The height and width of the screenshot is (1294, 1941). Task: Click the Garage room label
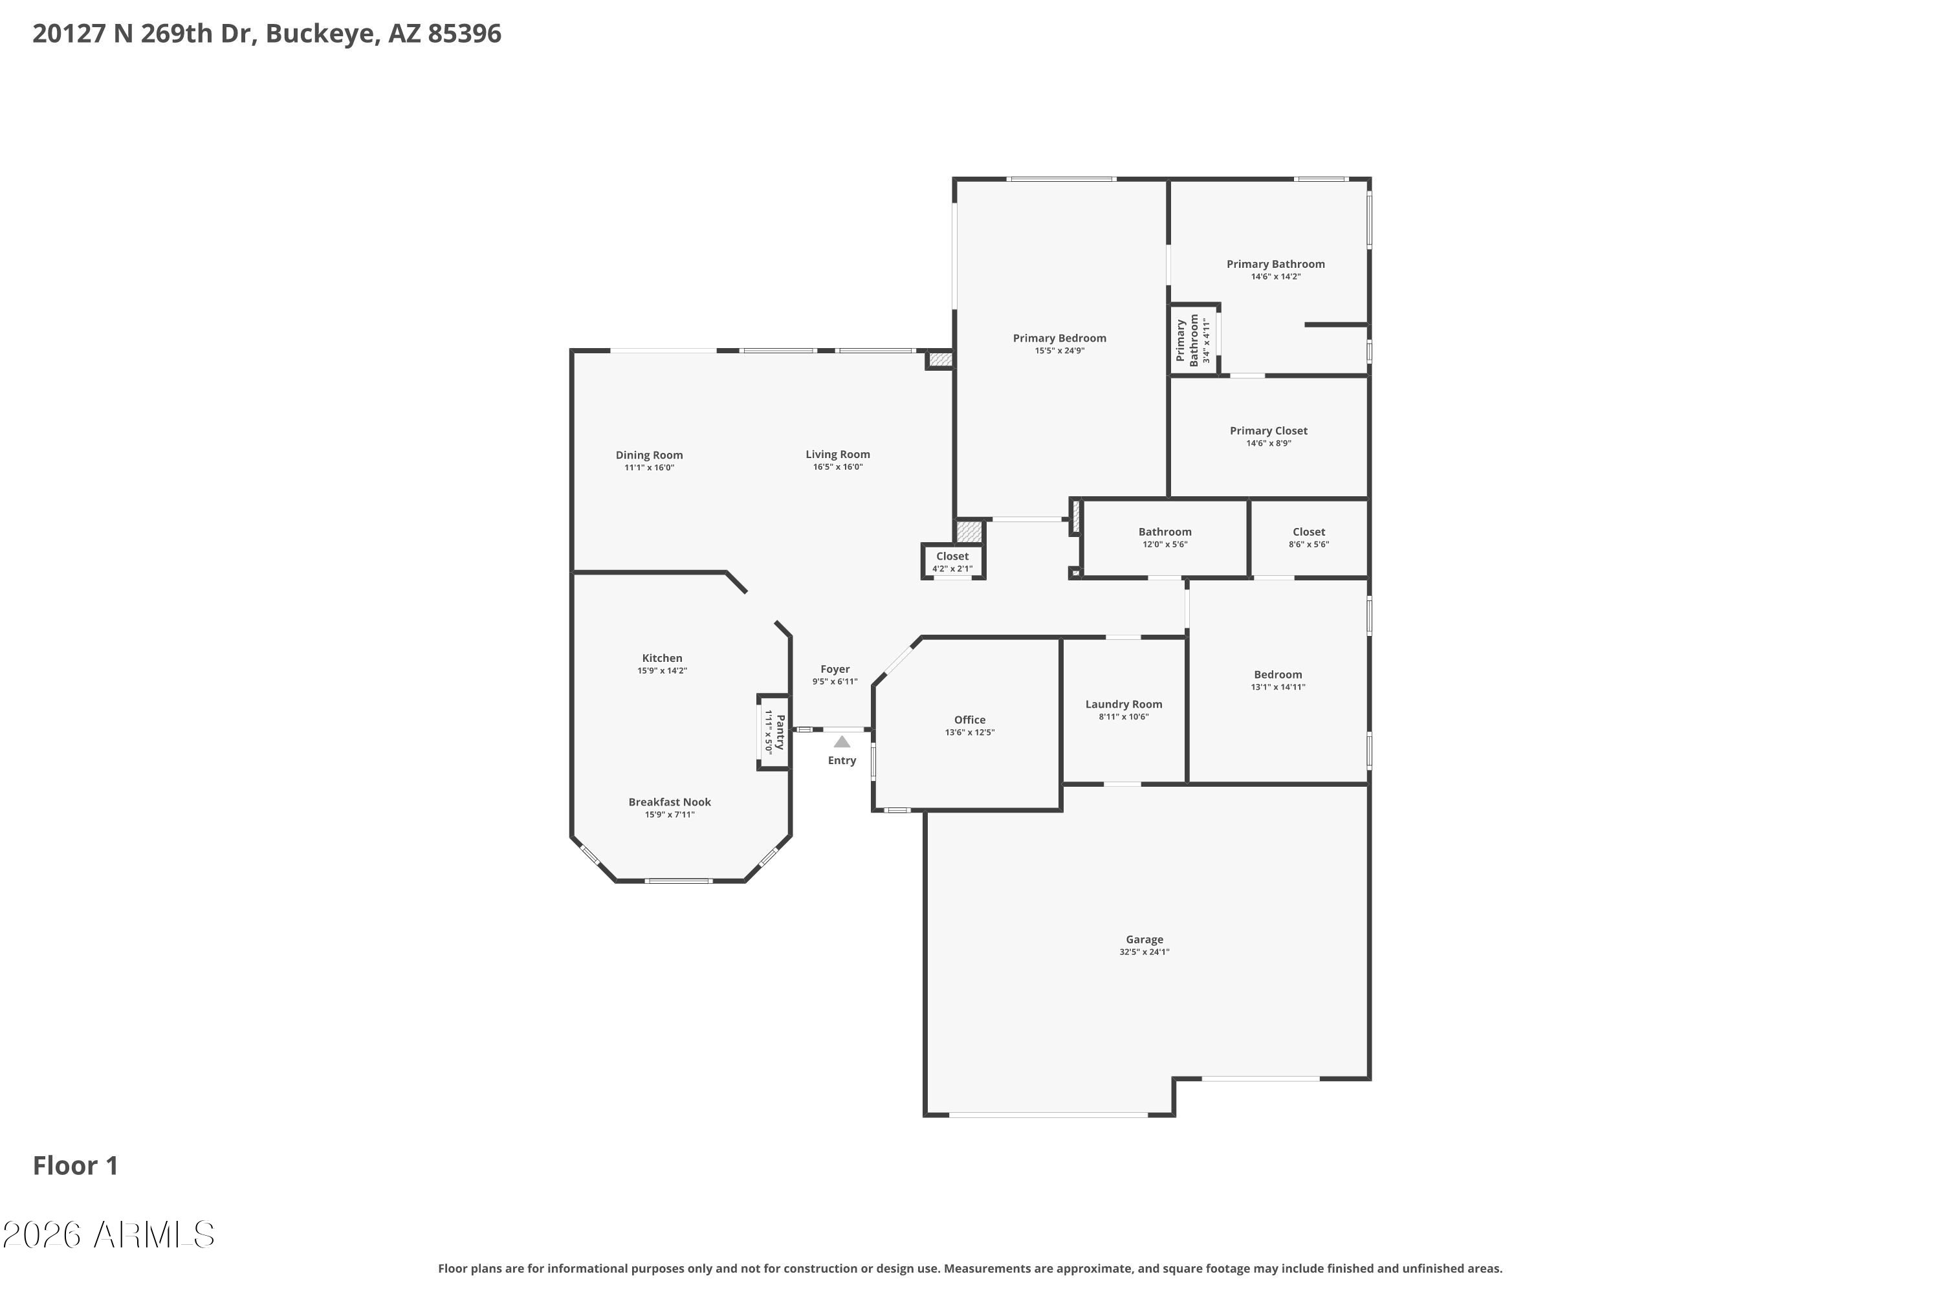pyautogui.click(x=1144, y=939)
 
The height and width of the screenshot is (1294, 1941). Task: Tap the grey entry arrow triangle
pyautogui.click(x=842, y=742)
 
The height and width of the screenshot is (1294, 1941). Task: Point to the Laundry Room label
pyautogui.click(x=1123, y=704)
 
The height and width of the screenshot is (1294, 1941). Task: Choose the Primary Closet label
pyautogui.click(x=1268, y=431)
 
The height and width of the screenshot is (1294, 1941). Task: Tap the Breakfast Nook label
pyautogui.click(x=669, y=802)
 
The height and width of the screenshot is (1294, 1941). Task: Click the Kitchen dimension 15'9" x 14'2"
pyautogui.click(x=662, y=671)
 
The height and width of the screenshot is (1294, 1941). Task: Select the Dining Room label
pyautogui.click(x=650, y=455)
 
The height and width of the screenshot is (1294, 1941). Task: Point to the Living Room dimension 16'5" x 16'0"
pyautogui.click(x=838, y=467)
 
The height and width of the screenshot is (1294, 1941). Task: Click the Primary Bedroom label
pyautogui.click(x=1060, y=338)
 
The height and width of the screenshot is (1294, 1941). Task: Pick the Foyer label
pyautogui.click(x=835, y=669)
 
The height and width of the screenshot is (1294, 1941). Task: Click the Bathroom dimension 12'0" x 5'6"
pyautogui.click(x=1165, y=545)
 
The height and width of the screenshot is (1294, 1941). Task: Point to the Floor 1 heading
pyautogui.click(x=76, y=1166)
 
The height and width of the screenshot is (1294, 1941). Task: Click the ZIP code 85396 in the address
pyautogui.click(x=464, y=34)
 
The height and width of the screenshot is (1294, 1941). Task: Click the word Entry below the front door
pyautogui.click(x=842, y=761)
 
